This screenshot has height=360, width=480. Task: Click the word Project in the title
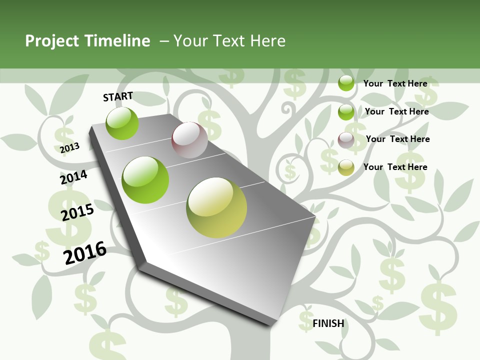[x=51, y=41]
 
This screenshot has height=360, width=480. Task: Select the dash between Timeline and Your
[x=164, y=41]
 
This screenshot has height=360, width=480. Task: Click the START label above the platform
[x=118, y=96]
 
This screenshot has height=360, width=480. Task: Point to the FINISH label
[x=328, y=323]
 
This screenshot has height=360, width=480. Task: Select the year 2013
[x=69, y=148]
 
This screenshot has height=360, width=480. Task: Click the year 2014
[x=73, y=177]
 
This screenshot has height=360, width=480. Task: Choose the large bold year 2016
[x=85, y=253]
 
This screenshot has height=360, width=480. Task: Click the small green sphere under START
[x=122, y=123]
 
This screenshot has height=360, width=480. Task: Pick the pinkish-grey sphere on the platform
[x=189, y=140]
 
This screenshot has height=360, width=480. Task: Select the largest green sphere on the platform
[x=145, y=180]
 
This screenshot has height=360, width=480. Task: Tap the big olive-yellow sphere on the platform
[x=216, y=207]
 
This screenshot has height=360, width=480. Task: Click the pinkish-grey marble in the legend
[x=346, y=140]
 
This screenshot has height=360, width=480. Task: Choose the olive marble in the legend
[x=346, y=167]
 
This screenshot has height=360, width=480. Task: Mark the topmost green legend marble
[x=346, y=83]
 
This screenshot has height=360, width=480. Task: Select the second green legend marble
[x=346, y=112]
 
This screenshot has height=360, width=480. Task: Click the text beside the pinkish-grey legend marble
[x=397, y=139]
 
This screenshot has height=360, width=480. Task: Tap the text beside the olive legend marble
[x=395, y=167]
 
